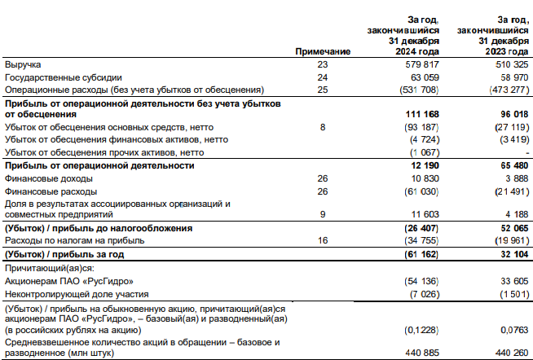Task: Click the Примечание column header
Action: coord(323,51)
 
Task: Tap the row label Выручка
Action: coord(23,64)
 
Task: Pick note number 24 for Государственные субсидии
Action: coord(323,77)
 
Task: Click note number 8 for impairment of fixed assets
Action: coord(323,128)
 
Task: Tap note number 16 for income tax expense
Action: coord(323,241)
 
